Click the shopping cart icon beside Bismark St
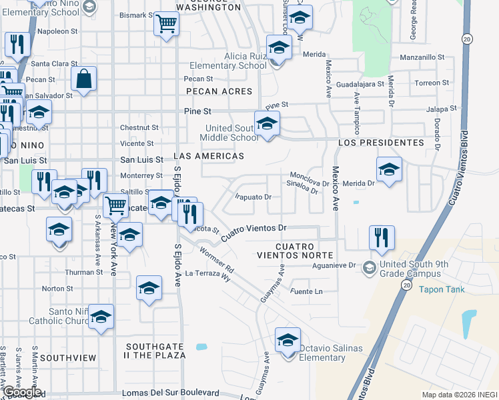(166, 25)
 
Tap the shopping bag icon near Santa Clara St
(84, 79)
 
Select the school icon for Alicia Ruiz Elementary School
(278, 47)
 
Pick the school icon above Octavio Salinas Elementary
(288, 341)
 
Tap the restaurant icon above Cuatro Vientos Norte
(381, 238)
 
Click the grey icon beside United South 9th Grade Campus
(369, 267)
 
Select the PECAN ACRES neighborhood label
(219, 91)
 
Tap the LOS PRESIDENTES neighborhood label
(381, 143)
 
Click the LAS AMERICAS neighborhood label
(208, 155)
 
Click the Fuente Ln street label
(306, 292)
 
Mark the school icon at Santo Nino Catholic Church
(101, 317)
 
